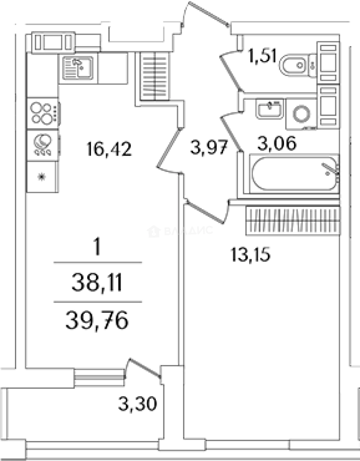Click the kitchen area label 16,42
109,149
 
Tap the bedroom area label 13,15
250,254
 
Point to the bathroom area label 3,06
277,143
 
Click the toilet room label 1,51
262,56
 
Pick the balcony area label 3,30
137,404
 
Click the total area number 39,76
97,320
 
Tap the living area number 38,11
97,282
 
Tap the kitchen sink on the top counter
78,68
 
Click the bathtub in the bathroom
294,174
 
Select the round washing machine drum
301,114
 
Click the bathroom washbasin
270,109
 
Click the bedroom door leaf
206,211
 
